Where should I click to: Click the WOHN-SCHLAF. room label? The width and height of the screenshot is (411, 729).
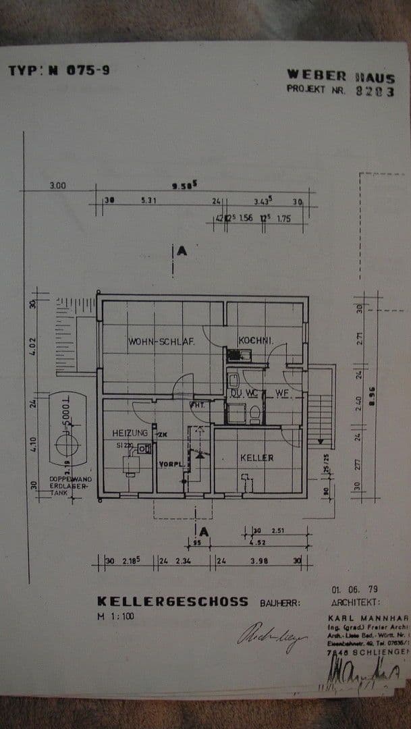click(x=161, y=342)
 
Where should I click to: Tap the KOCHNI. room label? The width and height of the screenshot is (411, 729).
click(x=255, y=342)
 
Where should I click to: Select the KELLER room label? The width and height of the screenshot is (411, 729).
click(x=257, y=458)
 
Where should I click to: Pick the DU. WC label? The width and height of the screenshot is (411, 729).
click(x=241, y=393)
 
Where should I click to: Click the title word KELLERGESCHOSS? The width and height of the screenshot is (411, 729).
click(x=173, y=601)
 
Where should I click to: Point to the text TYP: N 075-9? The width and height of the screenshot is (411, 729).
click(x=59, y=70)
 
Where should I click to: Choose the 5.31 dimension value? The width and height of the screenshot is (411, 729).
click(x=148, y=200)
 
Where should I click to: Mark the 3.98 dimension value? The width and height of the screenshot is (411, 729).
click(x=259, y=560)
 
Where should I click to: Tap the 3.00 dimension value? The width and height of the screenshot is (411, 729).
click(x=57, y=186)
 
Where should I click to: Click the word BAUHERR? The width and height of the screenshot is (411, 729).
click(x=281, y=602)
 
